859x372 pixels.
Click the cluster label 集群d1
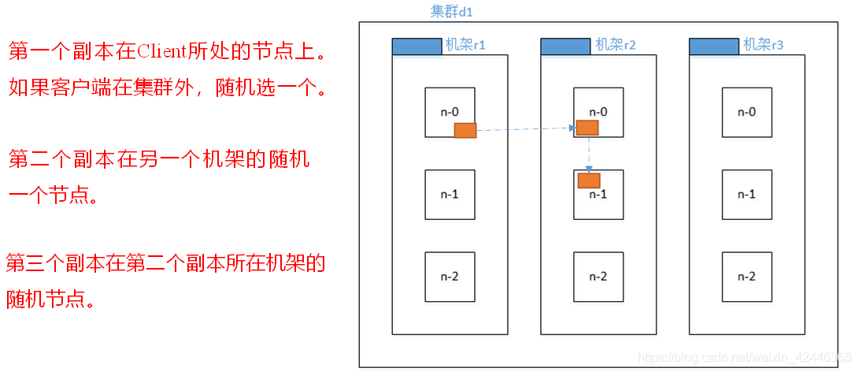click(451, 11)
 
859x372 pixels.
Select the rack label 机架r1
click(465, 45)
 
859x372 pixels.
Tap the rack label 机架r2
click(615, 45)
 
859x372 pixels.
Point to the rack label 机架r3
click(763, 45)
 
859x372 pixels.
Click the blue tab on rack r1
click(417, 46)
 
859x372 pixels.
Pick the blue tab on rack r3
click(713, 46)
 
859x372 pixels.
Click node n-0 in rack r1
click(450, 112)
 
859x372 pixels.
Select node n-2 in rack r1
click(450, 277)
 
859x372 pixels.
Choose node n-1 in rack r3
click(746, 195)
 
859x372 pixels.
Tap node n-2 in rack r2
click(598, 277)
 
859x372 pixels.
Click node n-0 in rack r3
click(746, 112)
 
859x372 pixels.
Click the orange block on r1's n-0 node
click(465, 130)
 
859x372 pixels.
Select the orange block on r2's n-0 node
click(587, 128)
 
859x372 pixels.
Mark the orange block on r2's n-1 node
click(589, 180)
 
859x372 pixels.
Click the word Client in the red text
click(161, 52)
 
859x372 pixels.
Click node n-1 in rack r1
click(450, 195)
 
